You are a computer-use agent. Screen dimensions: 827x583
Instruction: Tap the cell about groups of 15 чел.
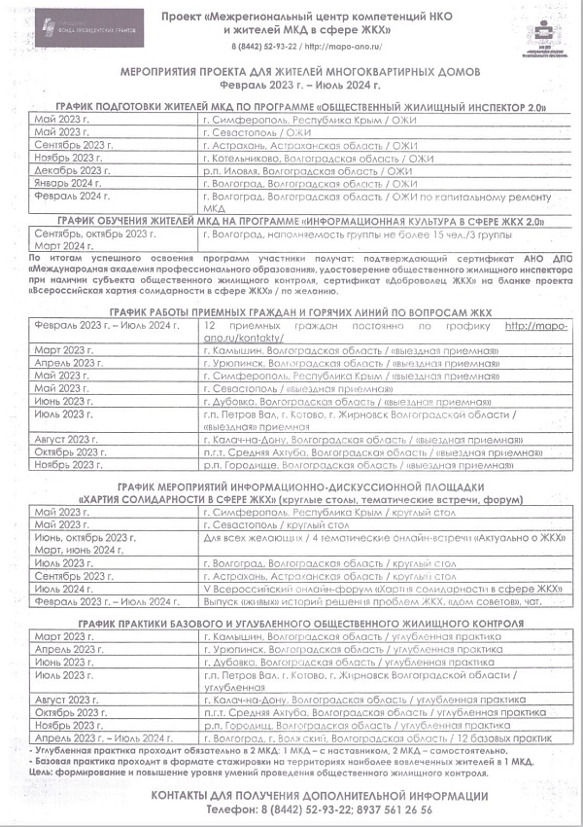[x=350, y=234]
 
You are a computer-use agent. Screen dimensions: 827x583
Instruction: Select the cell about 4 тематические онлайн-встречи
[x=385, y=537]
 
